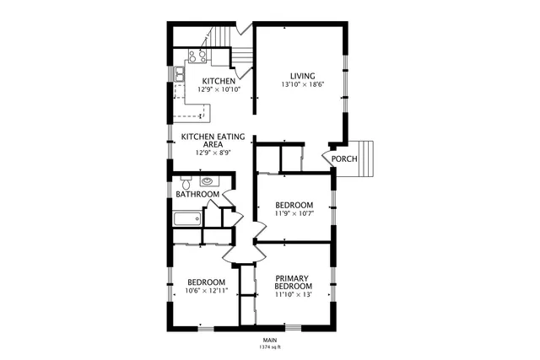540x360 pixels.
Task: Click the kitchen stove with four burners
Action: click(197, 56)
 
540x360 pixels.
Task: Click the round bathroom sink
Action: click(207, 180)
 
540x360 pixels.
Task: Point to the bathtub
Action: click(186, 220)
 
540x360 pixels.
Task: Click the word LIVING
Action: click(302, 74)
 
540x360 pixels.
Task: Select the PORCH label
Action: click(343, 159)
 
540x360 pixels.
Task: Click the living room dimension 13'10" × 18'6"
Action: click(302, 84)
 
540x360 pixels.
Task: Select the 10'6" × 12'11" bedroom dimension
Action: click(206, 291)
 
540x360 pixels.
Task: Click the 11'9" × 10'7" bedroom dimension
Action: click(294, 213)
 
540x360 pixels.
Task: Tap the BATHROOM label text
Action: click(197, 195)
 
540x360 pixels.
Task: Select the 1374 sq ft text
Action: click(270, 347)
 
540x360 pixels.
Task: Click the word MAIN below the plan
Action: click(270, 339)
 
